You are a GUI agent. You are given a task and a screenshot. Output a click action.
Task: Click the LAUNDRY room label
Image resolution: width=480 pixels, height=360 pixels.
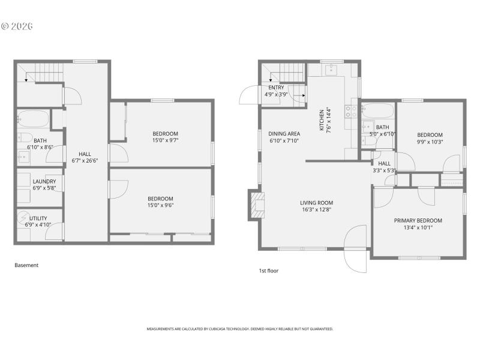(44, 181)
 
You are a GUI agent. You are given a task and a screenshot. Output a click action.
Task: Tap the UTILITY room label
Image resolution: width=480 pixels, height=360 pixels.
(36, 218)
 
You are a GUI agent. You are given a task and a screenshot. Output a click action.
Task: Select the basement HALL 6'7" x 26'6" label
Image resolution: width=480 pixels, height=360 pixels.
(85, 154)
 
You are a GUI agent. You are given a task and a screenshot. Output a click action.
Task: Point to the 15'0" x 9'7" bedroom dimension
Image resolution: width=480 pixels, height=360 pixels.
(165, 140)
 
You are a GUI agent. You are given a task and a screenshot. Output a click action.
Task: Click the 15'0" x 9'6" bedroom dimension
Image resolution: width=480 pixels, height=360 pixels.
(161, 206)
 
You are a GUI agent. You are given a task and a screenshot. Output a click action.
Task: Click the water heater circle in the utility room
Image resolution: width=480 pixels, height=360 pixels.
(24, 217)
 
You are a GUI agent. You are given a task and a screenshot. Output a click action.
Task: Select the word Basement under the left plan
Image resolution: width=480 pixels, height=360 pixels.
(26, 265)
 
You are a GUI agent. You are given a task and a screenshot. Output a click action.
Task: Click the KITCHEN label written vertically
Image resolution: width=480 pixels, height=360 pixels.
(322, 120)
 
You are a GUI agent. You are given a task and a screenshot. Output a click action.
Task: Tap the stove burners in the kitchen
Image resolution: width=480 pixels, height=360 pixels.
(350, 110)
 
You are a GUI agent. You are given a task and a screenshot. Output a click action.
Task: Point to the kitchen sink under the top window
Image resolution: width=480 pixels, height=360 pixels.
(331, 70)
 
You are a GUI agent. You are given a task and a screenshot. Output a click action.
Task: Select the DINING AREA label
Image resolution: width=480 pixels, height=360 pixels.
(284, 134)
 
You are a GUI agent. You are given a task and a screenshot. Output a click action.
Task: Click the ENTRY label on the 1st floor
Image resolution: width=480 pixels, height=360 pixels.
(276, 88)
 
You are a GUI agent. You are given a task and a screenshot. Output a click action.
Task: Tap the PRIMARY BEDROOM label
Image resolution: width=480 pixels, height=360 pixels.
(418, 220)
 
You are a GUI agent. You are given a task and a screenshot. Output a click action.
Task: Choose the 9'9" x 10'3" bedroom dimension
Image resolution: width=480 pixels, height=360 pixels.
(430, 142)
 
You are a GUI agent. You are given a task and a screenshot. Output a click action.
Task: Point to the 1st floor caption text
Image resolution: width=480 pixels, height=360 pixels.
(268, 271)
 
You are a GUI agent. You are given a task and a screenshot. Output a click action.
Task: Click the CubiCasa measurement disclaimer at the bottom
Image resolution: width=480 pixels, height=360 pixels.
(240, 329)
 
